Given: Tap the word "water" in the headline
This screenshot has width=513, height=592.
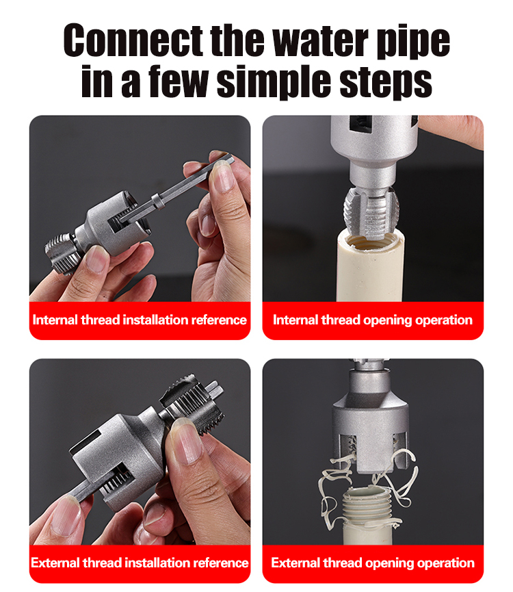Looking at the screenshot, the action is [x=320, y=40].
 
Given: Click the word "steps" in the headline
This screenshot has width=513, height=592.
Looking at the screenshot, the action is [x=386, y=83].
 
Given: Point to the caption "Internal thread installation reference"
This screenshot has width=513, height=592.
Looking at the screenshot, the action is [x=140, y=320].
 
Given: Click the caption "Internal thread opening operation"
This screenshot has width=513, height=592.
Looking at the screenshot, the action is [x=373, y=320].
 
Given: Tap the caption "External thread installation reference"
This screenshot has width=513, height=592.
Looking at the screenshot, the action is [x=140, y=563].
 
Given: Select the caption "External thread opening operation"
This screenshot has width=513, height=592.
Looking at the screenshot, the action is [x=373, y=563].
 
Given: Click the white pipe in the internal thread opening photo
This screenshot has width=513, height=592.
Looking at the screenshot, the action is [x=371, y=268].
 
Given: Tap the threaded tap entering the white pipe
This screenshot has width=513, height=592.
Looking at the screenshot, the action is [x=371, y=214].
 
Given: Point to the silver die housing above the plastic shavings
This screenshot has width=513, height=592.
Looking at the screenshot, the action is [x=370, y=423].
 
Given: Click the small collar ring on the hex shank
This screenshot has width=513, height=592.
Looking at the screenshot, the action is [x=158, y=201].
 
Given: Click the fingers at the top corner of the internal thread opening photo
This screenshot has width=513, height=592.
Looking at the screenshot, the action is [x=453, y=130].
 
